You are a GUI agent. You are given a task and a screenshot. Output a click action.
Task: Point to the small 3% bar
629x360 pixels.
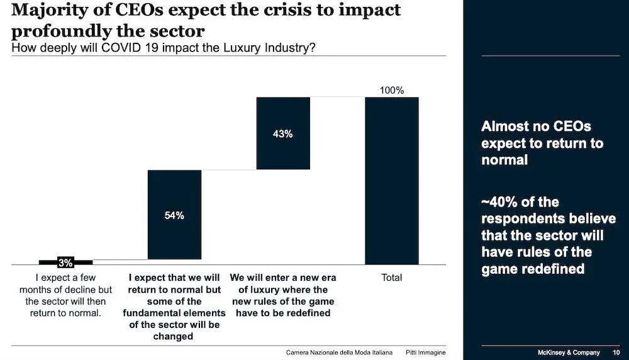tap(65, 262)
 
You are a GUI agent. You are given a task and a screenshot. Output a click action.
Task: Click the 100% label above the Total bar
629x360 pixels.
tap(391, 91)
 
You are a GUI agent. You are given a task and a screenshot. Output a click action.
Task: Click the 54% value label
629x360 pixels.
tap(174, 216)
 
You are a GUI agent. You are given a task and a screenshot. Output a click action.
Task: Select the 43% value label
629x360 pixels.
tap(283, 134)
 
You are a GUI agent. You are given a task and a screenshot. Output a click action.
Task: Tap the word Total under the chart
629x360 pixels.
tap(391, 278)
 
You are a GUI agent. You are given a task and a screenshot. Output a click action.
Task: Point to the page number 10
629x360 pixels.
tap(616, 352)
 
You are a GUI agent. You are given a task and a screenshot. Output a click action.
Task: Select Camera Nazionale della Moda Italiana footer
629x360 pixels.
tap(339, 352)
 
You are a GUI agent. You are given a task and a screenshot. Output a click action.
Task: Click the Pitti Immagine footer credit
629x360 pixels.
tap(425, 352)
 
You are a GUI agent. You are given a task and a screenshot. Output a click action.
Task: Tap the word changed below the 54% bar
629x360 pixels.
tap(174, 337)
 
